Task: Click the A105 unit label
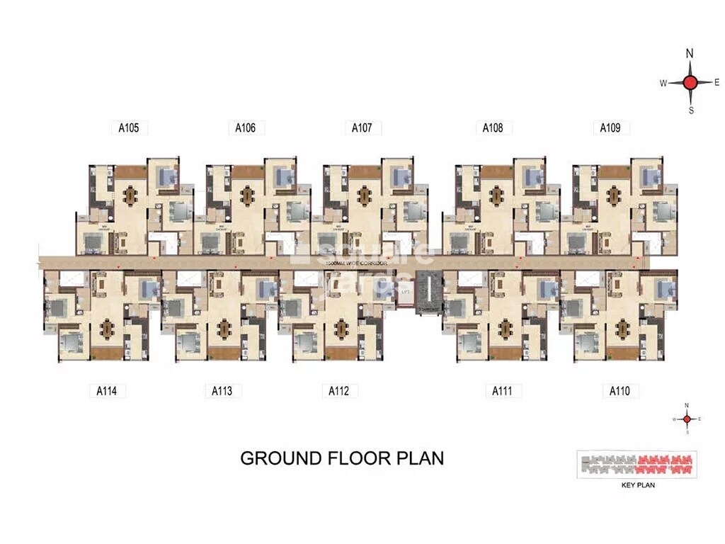(x=128, y=128)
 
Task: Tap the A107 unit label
(x=362, y=128)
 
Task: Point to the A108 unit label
(x=493, y=128)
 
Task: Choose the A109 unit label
(x=610, y=128)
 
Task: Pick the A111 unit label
(x=503, y=390)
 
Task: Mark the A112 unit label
(x=338, y=390)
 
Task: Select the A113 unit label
(x=222, y=390)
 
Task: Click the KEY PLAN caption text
(x=638, y=486)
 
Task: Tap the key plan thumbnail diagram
(x=637, y=465)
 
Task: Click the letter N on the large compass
(x=690, y=54)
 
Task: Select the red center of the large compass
(x=691, y=82)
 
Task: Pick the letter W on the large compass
(x=663, y=83)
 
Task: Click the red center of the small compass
(x=686, y=419)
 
